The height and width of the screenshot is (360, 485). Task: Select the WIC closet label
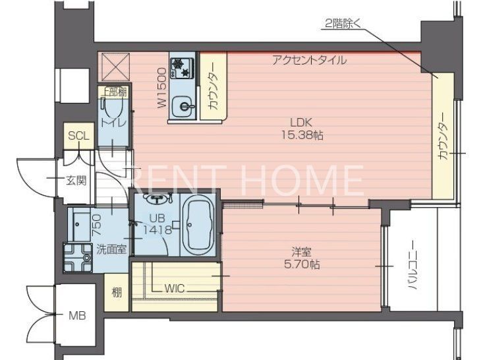click(x=174, y=287)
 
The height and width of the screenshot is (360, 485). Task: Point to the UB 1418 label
click(x=158, y=225)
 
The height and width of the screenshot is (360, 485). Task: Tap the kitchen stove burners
click(x=179, y=66)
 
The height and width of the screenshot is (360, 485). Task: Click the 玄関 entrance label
click(x=75, y=180)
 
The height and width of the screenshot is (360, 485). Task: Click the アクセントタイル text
click(x=309, y=60)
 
